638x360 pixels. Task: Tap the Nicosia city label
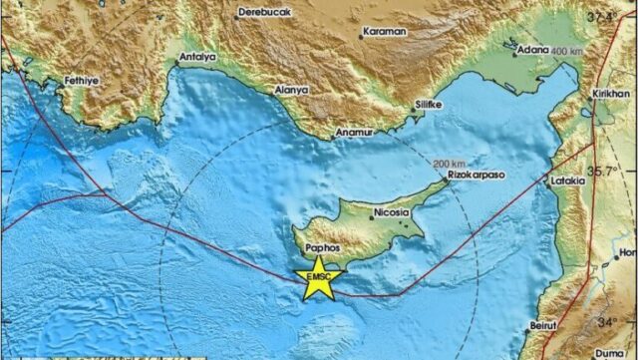click(385, 212)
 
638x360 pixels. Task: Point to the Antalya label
click(197, 58)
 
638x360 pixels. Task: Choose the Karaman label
click(385, 32)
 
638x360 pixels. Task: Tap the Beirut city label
click(543, 325)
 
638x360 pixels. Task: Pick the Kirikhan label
click(615, 90)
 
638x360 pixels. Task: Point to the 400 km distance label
click(565, 51)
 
